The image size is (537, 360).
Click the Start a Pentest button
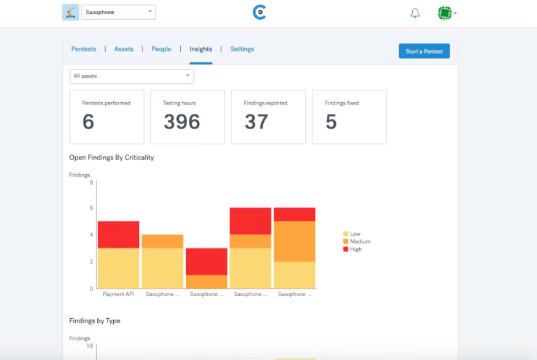424,51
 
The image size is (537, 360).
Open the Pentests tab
84,49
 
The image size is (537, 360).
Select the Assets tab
124,49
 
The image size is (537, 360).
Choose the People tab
161,49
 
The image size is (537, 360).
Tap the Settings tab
242,49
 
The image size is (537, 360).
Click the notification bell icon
415,13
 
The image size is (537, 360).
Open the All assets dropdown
132,76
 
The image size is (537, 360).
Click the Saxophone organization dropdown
118,12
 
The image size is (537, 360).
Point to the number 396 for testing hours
182,122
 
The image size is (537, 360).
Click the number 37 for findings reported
256,122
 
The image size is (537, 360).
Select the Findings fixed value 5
331,122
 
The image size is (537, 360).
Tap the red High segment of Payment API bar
119,234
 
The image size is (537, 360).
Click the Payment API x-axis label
119,294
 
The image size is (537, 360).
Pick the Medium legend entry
357,241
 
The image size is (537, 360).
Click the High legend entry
352,249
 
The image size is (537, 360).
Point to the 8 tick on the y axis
92,183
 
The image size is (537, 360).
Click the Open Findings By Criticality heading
112,158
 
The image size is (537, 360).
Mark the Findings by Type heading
95,321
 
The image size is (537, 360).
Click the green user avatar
445,13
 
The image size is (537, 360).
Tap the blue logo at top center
260,12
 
